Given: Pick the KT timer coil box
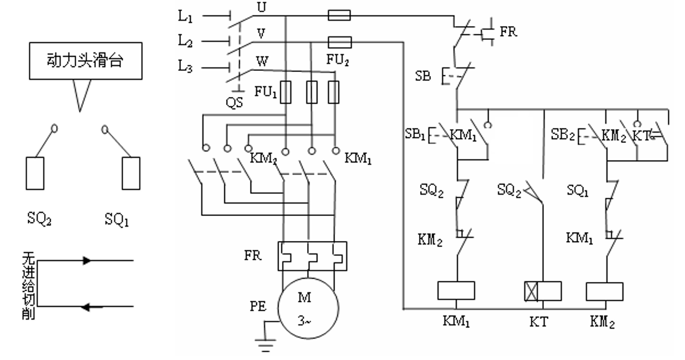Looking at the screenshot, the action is [x=543, y=291].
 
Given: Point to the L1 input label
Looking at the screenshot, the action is [x=185, y=17].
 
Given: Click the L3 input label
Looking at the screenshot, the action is [x=185, y=67].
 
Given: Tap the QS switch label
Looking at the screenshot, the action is [x=234, y=103].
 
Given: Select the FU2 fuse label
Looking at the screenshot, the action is [x=337, y=60].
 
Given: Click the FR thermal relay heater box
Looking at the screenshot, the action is [x=312, y=256].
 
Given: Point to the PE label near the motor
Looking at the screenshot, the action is [x=258, y=306].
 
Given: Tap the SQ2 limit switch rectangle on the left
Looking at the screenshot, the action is [x=35, y=173].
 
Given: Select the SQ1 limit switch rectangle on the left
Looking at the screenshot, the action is [x=130, y=173].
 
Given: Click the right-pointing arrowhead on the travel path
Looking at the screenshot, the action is [x=87, y=261].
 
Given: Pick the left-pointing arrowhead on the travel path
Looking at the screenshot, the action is [x=86, y=307].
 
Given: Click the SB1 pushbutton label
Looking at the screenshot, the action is [x=415, y=134].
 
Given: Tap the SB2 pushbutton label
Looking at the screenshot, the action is [x=562, y=134].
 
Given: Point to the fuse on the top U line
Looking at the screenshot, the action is [x=339, y=15].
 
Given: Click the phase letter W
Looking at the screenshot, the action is [x=262, y=61].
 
